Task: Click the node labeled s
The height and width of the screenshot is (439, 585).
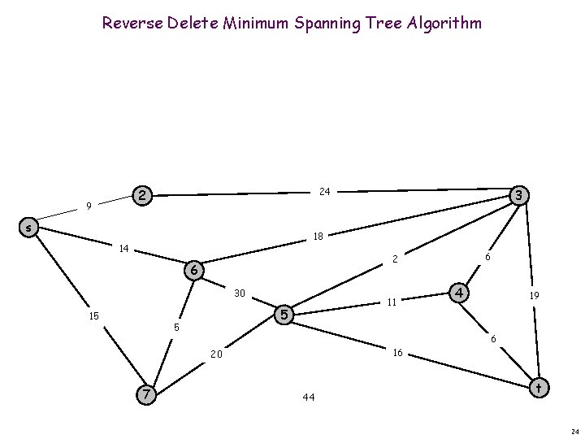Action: coord(28,228)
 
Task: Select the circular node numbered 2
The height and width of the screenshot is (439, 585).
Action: coord(142,195)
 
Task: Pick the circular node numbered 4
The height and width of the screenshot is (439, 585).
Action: coord(460,292)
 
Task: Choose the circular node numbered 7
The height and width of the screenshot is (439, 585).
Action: coord(146,394)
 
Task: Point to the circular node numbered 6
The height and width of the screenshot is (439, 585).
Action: coord(193,270)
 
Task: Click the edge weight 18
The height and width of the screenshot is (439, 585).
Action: coord(318,237)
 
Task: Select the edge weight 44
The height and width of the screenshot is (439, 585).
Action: coord(308,398)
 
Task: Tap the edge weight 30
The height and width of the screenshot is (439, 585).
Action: coord(240,293)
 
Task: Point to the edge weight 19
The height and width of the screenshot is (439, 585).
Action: coord(534,298)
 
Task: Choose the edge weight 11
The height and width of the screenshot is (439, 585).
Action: coord(391,302)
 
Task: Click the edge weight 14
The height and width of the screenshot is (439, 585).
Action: coord(124,248)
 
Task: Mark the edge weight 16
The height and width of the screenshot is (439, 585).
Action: coord(396,353)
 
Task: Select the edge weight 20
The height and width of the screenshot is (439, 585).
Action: coord(216,354)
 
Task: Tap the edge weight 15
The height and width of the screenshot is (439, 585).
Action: coord(94,315)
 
